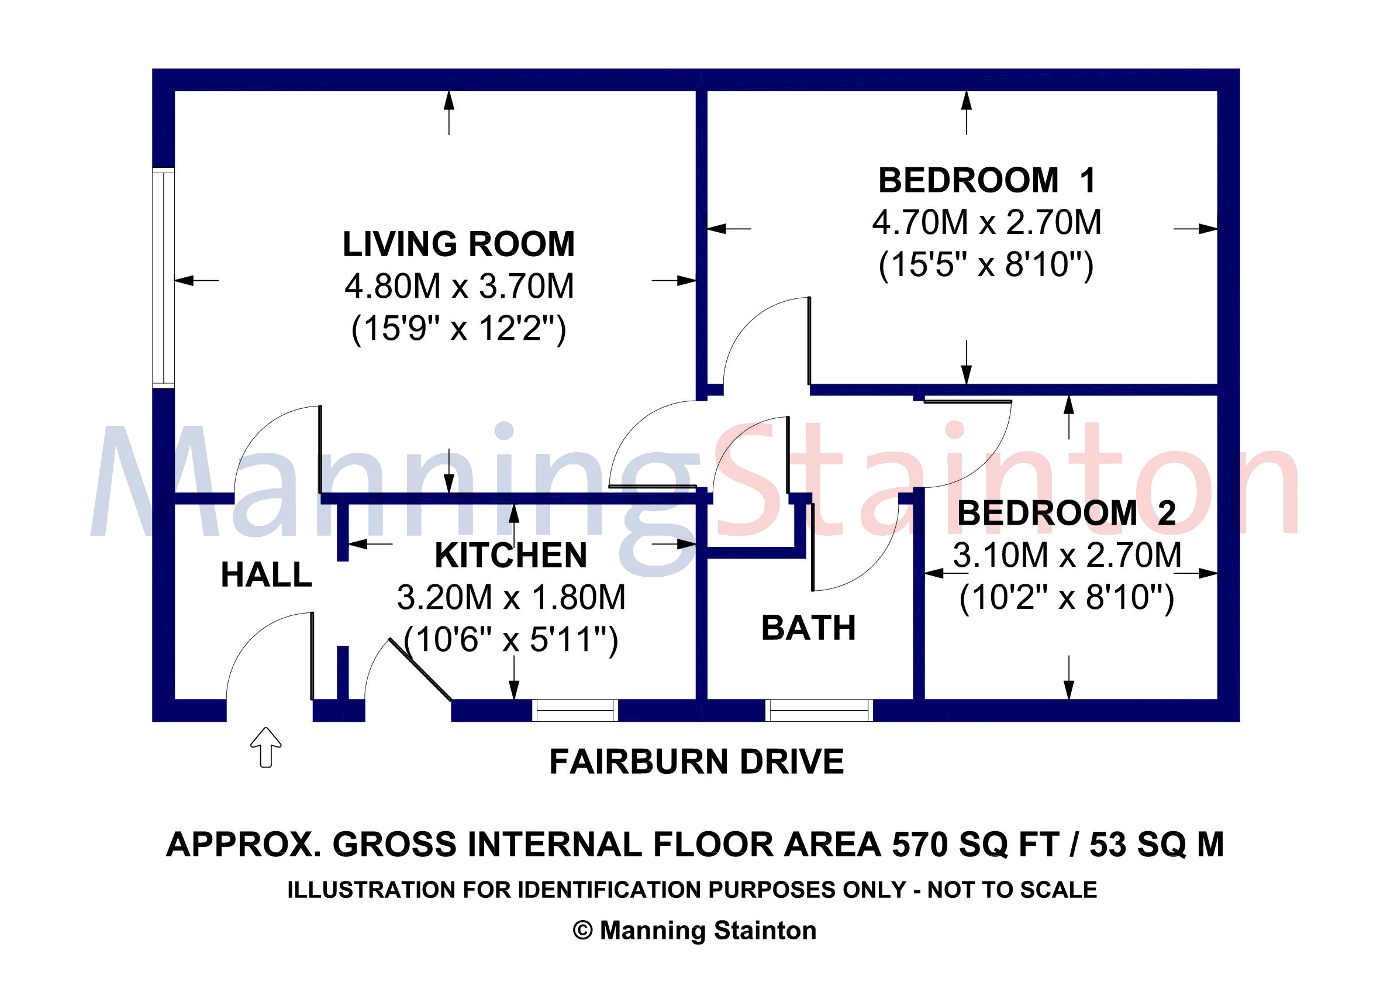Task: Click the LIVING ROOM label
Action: click(458, 244)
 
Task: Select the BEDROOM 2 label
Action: click(1067, 513)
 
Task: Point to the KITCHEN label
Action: click(510, 555)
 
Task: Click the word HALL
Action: click(266, 574)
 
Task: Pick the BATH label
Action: click(808, 628)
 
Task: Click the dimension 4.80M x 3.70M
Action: click(459, 287)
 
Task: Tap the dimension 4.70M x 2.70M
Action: click(986, 222)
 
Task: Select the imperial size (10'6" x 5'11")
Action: click(510, 639)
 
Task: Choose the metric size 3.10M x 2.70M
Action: click(1067, 555)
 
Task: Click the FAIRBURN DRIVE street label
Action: click(696, 762)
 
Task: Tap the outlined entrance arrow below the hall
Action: click(266, 747)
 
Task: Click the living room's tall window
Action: click(163, 277)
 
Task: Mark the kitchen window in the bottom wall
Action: click(574, 711)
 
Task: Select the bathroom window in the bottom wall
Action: click(819, 711)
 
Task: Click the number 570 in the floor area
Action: click(919, 845)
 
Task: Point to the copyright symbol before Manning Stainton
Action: click(582, 931)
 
